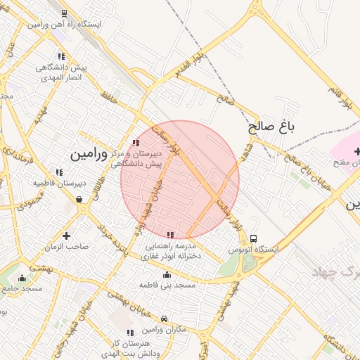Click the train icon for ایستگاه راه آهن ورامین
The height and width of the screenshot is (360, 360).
point(65,13)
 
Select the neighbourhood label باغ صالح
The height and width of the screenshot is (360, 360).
point(269,127)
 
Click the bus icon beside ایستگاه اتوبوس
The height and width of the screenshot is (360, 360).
point(254,238)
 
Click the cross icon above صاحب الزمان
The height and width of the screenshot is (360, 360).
point(66,236)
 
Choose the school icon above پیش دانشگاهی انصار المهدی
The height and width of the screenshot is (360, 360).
point(62,56)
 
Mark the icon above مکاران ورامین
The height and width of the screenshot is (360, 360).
point(164,319)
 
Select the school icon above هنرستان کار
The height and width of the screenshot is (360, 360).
point(129,333)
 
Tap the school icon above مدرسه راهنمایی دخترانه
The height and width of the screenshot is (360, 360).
point(169,235)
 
